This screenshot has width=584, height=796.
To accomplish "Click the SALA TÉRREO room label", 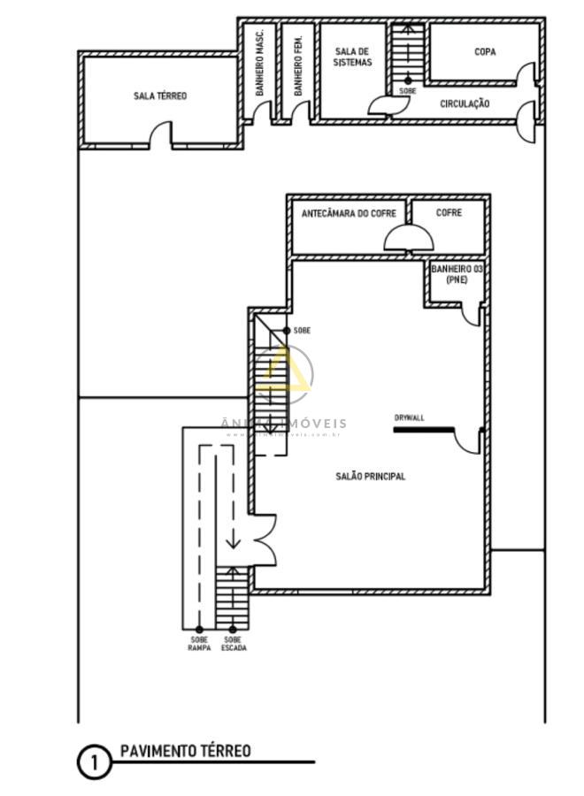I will pos(160,96).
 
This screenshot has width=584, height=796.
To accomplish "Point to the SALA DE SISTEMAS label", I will pos(352,57).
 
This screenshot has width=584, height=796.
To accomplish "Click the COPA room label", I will pos(485,52).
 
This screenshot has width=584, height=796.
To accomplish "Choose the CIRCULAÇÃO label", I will pos(465,103).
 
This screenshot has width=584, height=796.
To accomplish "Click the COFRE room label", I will pos(449,213).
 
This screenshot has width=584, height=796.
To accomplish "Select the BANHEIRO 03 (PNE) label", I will pos(457,273).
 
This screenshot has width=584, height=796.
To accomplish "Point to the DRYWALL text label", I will pos(409,418).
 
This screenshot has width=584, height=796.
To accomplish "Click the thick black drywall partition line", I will pos(424,430).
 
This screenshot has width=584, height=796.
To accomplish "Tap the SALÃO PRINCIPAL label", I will pos(370,477).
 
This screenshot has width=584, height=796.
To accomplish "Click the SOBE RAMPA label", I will pos(198,643).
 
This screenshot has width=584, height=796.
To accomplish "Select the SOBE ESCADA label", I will pos(234,643).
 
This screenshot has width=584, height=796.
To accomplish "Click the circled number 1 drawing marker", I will pos(95,762).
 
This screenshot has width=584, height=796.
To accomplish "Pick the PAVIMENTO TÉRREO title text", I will pos(185,751).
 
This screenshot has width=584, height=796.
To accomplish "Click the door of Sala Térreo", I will pos(160,135).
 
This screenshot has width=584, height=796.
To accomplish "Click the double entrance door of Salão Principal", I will pos(264,539).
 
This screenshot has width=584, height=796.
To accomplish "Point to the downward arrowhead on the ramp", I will pos(233,541).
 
